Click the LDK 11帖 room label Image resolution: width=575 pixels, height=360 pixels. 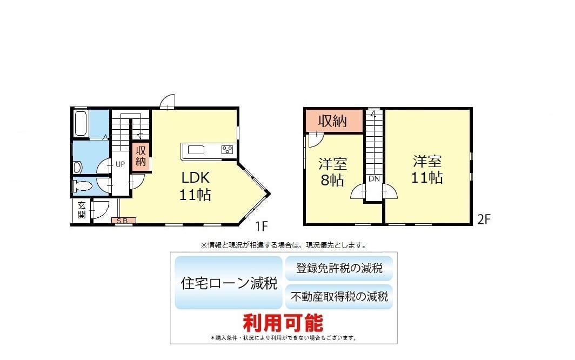(195, 186)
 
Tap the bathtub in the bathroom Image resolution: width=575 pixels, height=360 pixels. (81, 123)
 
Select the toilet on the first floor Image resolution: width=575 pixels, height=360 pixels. (82, 186)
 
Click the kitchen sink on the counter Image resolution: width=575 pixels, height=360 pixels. (196, 150)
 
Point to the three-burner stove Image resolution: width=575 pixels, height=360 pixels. (227, 150)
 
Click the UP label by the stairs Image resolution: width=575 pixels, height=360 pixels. (121, 164)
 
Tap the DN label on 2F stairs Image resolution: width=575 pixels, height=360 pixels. (374, 179)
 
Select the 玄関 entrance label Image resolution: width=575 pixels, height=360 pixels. (82, 210)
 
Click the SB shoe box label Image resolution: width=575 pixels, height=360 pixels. (123, 221)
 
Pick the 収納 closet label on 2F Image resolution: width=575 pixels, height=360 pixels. (332, 121)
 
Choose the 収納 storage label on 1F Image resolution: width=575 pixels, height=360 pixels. (141, 156)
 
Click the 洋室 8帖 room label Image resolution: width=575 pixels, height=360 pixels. (332, 172)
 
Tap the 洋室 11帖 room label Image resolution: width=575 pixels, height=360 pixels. (427, 170)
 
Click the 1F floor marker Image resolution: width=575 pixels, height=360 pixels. (262, 226)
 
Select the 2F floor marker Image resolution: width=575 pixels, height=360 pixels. (484, 219)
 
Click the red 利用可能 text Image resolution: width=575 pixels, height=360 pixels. (283, 323)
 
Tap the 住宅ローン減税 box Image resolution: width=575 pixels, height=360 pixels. (229, 283)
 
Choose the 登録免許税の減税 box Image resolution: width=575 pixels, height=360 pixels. (339, 269)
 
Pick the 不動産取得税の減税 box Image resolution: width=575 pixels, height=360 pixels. (339, 297)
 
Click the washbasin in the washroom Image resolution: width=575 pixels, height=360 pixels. (77, 168)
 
